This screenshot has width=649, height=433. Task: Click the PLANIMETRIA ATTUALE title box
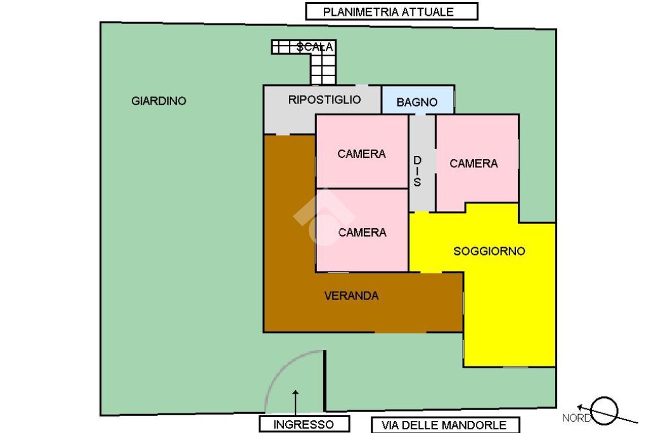[392, 11]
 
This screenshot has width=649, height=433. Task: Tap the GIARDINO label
[158, 101]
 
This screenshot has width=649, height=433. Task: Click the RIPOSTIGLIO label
[324, 100]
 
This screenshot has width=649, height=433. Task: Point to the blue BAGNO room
[418, 100]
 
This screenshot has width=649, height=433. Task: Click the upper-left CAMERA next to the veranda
[362, 152]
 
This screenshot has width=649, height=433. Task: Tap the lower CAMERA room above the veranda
[362, 231]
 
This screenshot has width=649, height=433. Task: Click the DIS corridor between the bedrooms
[422, 163]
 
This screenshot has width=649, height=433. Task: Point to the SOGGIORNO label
[489, 251]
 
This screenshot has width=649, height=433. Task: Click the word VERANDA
[351, 295]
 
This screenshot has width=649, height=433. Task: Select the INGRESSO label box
[304, 424]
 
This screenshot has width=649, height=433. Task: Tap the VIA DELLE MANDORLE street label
[445, 425]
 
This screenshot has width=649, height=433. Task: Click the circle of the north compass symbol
[604, 411]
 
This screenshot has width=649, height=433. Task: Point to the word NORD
[577, 418]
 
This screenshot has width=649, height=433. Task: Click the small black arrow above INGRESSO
[295, 403]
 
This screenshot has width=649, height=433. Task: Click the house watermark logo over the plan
[324, 217]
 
